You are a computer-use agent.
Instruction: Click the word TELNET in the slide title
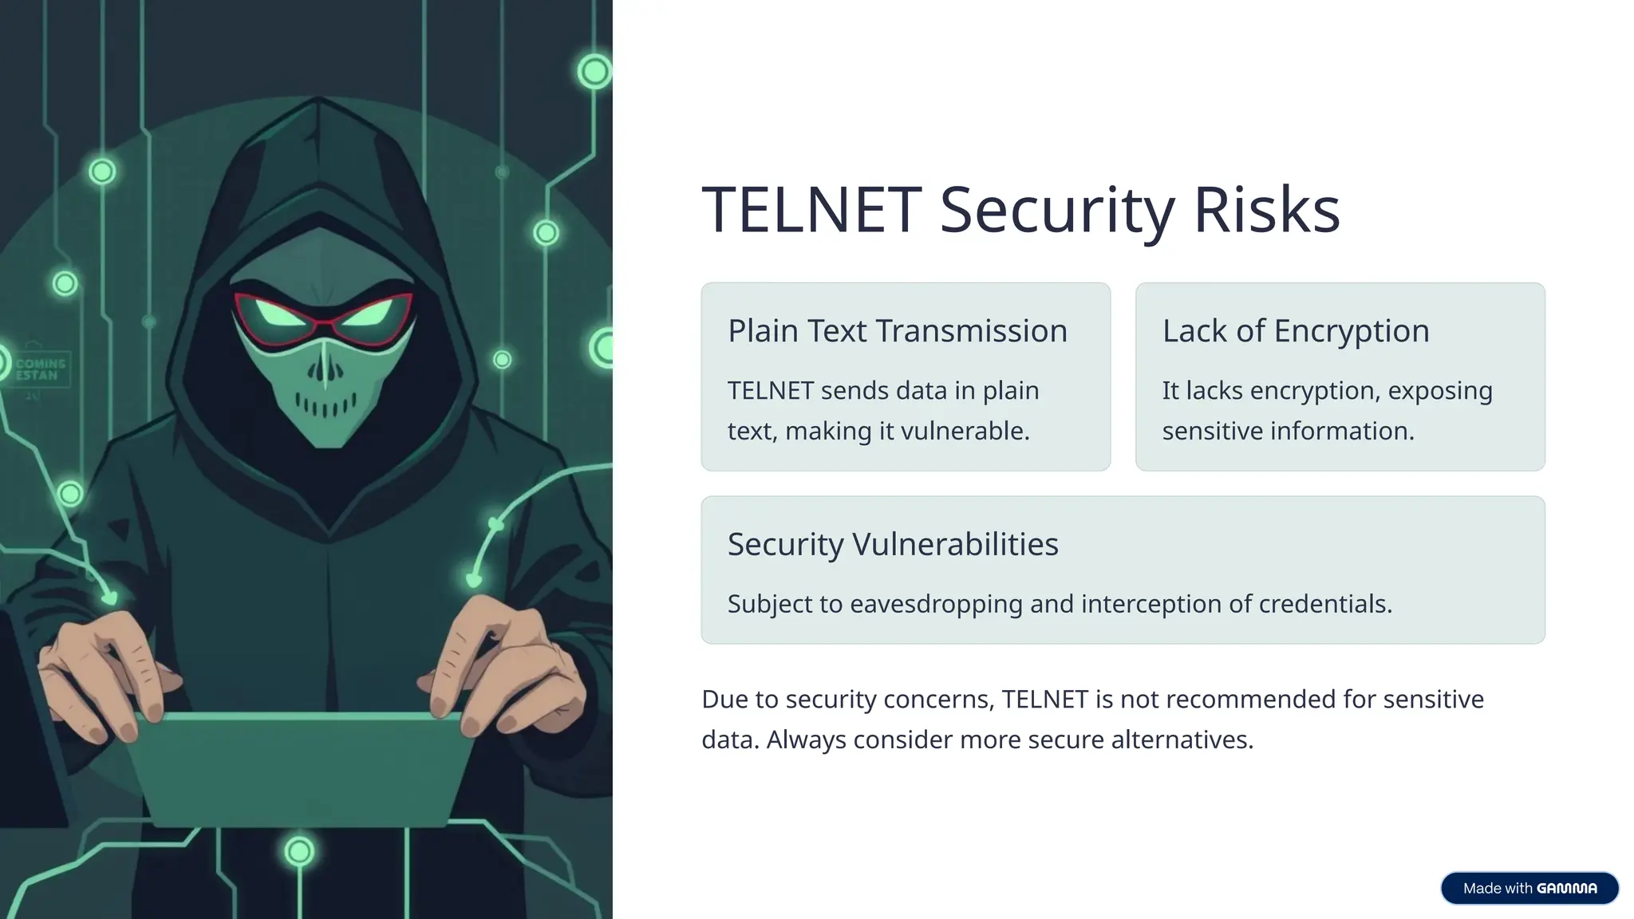811,210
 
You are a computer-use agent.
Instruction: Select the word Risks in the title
1266,210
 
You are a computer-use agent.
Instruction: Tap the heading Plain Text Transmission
897,331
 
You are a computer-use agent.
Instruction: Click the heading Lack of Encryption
1295,331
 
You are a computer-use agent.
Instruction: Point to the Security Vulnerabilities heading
892,544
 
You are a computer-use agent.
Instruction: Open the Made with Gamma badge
1529,888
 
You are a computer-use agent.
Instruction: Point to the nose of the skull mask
325,369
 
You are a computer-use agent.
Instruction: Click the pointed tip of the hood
319,101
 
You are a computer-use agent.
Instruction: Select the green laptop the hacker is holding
299,766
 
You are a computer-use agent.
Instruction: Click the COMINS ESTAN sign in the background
40,369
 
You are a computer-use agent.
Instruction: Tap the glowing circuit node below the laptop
299,852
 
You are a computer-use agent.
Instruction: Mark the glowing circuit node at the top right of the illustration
594,72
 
